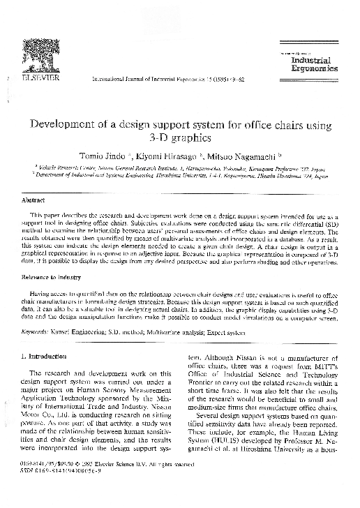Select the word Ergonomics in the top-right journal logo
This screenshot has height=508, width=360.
tap(314, 69)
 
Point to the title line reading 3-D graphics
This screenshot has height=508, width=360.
tap(180, 138)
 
